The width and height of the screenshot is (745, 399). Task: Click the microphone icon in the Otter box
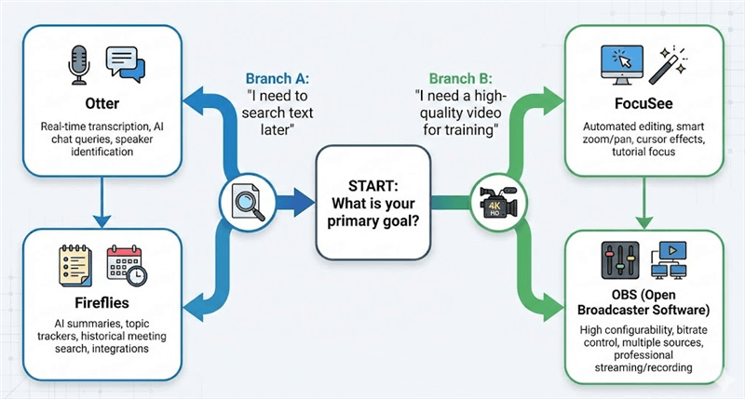(79, 66)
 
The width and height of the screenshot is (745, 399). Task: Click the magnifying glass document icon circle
(245, 199)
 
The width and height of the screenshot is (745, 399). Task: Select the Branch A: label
(279, 78)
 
